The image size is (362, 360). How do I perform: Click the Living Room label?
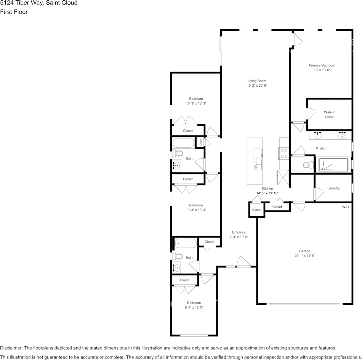click(256, 81)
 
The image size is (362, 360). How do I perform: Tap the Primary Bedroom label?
click(322, 65)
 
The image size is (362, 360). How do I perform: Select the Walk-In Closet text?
click(330, 115)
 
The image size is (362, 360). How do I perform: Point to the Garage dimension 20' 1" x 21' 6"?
click(304, 256)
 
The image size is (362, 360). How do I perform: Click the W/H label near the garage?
click(345, 207)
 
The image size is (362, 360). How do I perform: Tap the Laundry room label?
click(333, 188)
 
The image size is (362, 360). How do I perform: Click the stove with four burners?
click(284, 153)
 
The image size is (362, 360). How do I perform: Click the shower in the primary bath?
click(333, 165)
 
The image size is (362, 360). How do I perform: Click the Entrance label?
click(239, 232)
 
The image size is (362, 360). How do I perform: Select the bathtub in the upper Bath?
click(183, 143)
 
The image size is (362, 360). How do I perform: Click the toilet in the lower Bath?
click(177, 256)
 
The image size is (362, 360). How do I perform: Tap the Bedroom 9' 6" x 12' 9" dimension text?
click(194, 307)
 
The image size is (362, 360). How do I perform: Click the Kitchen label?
click(267, 188)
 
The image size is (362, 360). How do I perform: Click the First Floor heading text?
click(14, 12)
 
